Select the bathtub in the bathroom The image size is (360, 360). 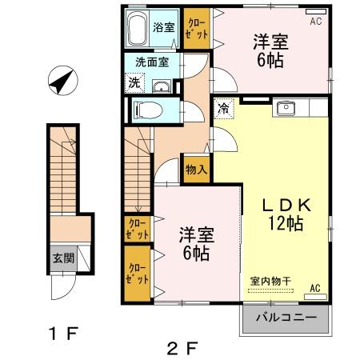[x=138, y=30]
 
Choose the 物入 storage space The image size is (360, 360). [x=196, y=169]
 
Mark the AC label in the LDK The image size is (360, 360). [x=315, y=287]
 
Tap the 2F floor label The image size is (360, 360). [x=181, y=348]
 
